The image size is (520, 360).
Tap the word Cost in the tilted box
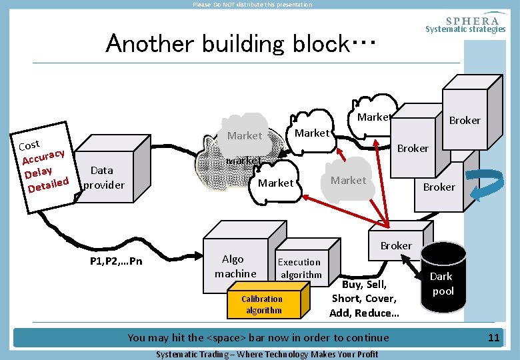(29, 144)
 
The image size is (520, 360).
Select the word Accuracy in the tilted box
(43, 157)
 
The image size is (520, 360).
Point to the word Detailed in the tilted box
(48, 183)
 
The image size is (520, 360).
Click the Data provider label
(103, 177)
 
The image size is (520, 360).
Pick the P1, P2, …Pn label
(115, 261)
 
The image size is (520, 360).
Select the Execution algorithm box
(299, 268)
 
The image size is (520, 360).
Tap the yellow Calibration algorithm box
(263, 304)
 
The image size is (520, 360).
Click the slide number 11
(493, 338)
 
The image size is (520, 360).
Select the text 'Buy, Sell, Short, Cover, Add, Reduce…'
(364, 299)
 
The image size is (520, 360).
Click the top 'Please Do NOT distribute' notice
(252, 5)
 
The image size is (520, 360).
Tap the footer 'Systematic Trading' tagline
(267, 354)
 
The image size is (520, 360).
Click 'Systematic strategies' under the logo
(465, 29)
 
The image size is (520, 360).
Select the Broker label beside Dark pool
(396, 245)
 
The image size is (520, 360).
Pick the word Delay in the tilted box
(39, 171)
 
